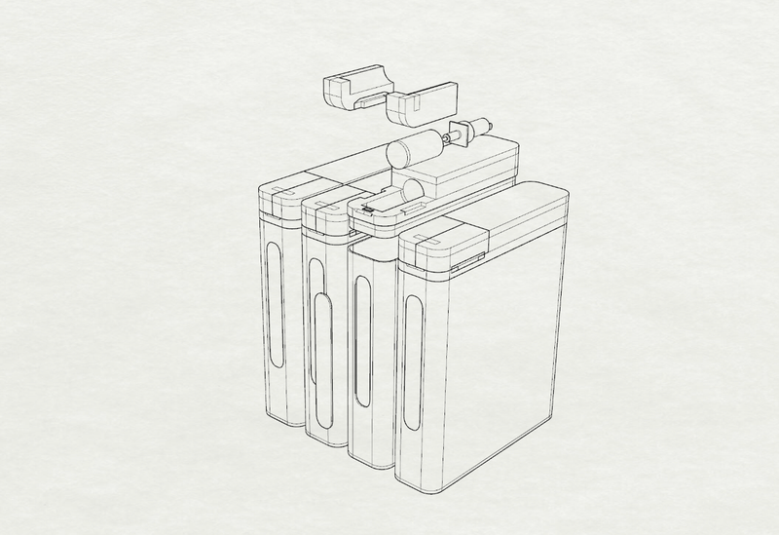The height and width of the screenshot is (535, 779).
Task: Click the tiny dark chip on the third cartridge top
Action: [x=367, y=209]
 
